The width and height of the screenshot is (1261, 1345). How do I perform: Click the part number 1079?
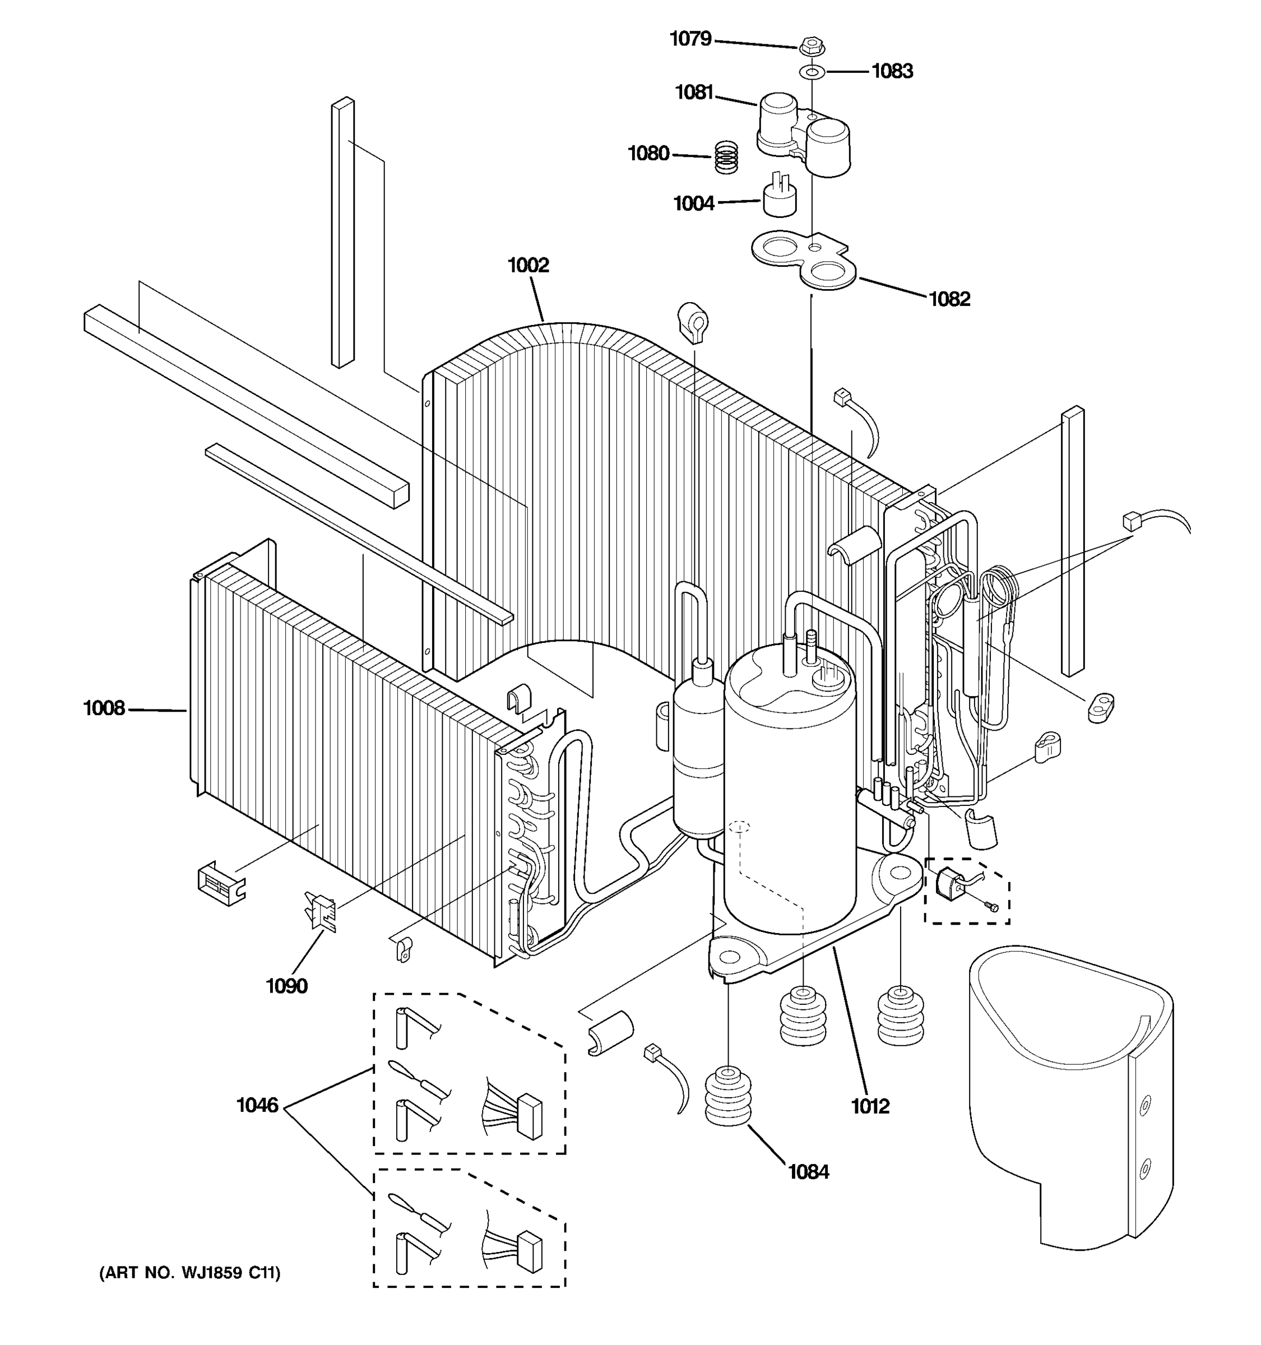click(x=690, y=39)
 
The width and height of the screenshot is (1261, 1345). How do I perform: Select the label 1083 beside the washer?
click(x=892, y=71)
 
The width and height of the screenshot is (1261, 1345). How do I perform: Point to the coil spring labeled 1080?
click(x=726, y=157)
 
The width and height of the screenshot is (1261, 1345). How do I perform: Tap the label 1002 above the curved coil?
click(x=528, y=265)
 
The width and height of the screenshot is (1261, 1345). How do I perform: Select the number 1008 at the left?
click(x=104, y=708)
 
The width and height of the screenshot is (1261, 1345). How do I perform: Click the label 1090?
click(x=286, y=986)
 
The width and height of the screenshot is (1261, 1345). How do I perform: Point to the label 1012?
click(x=870, y=1106)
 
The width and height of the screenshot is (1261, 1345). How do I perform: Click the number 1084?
click(x=808, y=1171)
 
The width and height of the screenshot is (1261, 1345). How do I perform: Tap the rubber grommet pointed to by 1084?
click(x=728, y=1097)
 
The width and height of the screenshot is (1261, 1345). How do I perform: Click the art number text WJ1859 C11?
click(x=189, y=1273)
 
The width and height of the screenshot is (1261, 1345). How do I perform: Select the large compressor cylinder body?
click(x=789, y=799)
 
